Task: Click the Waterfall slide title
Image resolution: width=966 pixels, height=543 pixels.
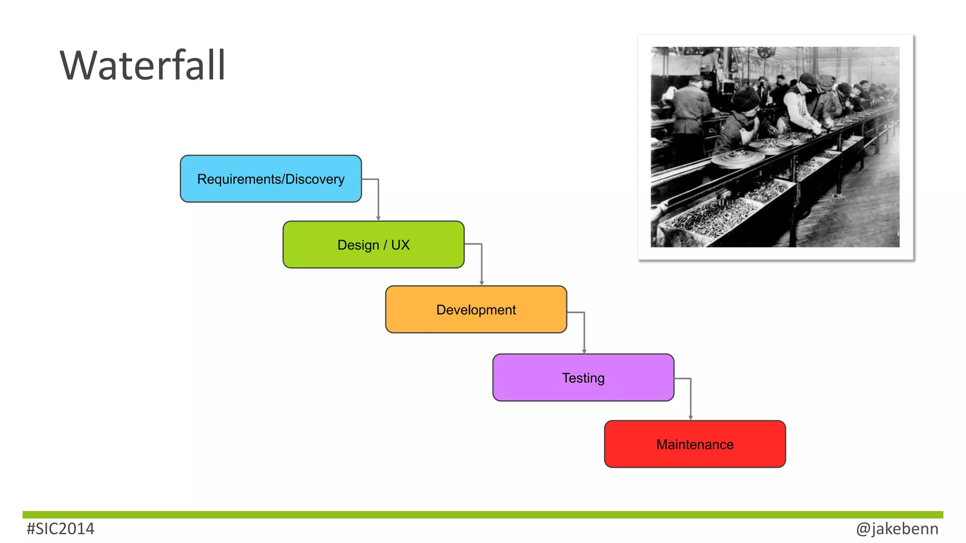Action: click(142, 66)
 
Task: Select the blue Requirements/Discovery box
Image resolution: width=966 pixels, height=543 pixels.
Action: click(271, 179)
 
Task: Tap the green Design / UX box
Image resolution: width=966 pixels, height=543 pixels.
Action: click(373, 245)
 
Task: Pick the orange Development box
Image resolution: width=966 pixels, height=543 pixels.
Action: click(476, 309)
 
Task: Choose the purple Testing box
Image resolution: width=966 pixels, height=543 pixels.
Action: click(583, 378)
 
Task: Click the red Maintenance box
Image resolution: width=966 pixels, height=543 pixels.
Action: click(695, 444)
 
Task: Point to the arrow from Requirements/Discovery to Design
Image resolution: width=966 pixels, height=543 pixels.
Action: click(378, 198)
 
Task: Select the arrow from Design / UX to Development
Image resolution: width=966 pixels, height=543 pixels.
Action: click(481, 264)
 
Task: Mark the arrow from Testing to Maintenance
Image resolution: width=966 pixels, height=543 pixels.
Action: click(691, 398)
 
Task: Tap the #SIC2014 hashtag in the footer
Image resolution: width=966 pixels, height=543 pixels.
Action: click(60, 529)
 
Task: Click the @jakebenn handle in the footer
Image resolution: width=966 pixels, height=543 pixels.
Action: click(897, 529)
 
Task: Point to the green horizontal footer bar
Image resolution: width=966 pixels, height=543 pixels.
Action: click(483, 515)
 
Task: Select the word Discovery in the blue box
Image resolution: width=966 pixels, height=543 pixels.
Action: click(315, 179)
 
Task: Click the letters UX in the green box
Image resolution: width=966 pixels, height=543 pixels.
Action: click(400, 245)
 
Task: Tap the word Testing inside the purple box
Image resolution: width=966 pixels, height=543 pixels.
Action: click(583, 378)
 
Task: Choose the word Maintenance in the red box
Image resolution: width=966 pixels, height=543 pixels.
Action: click(695, 444)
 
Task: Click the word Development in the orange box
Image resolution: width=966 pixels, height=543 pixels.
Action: click(476, 310)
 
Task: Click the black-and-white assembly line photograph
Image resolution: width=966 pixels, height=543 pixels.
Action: click(774, 147)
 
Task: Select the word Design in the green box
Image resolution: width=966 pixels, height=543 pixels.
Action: click(358, 245)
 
